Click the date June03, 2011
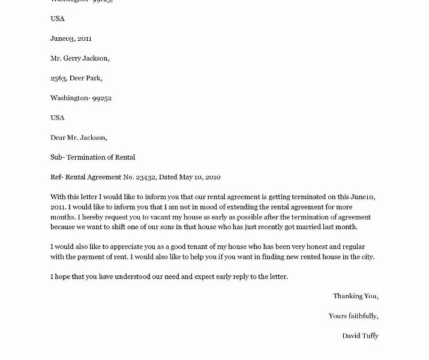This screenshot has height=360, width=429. pyautogui.click(x=71, y=38)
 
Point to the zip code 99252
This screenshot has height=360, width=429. pyautogui.click(x=101, y=98)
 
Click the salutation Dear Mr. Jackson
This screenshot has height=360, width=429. pyautogui.click(x=79, y=137)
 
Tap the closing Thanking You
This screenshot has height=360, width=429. pyautogui.click(x=356, y=296)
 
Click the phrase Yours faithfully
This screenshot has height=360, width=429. pyautogui.click(x=353, y=316)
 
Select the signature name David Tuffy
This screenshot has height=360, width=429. pyautogui.click(x=360, y=335)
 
